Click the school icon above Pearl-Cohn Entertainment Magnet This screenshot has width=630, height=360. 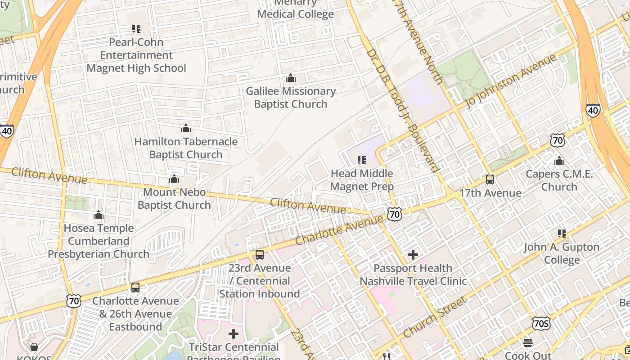[136, 29]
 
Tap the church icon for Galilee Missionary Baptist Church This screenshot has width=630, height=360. [290, 78]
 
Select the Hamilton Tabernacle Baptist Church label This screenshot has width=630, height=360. [186, 148]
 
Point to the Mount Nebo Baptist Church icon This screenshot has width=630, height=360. [174, 179]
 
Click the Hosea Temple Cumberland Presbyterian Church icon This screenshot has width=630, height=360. [99, 215]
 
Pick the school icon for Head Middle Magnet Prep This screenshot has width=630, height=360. [362, 160]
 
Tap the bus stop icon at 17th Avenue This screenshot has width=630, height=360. [490, 180]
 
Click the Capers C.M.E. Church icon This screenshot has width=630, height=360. [559, 161]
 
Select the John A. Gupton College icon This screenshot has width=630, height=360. [562, 234]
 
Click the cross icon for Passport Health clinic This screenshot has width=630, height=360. [413, 255]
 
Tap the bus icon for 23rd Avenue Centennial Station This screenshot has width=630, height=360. [260, 255]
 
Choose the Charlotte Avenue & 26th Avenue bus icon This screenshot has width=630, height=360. [135, 288]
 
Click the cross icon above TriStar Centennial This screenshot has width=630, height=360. [234, 334]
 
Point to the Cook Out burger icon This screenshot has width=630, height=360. [528, 343]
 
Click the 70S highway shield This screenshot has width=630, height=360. [540, 323]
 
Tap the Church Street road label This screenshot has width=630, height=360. [434, 318]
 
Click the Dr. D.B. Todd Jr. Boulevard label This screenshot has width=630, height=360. [403, 110]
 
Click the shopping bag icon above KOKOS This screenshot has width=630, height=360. [34, 346]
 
